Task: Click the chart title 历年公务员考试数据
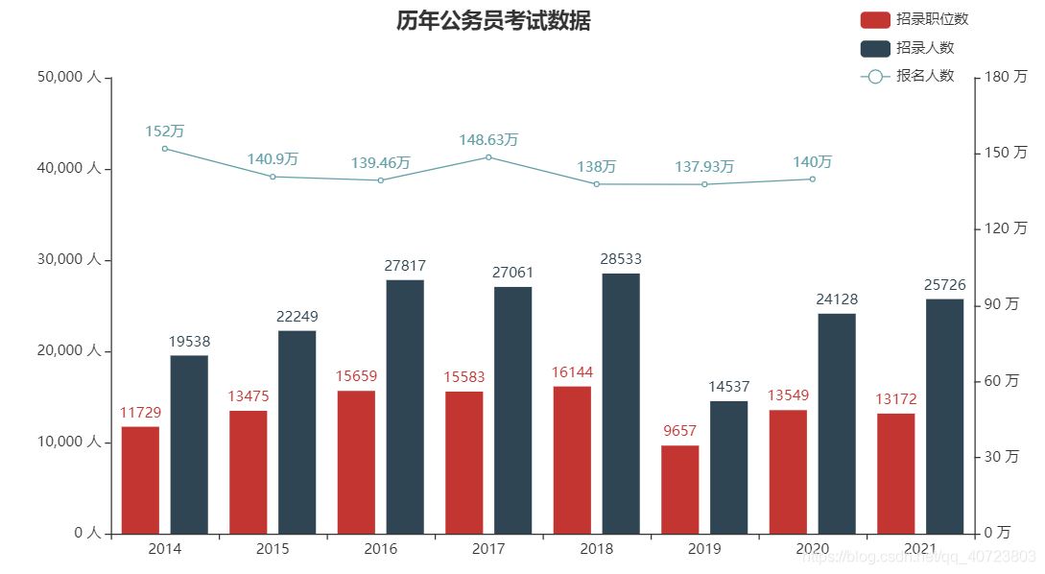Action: click(493, 21)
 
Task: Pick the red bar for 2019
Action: click(680, 490)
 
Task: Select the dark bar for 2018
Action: click(621, 403)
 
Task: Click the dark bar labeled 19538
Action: click(189, 444)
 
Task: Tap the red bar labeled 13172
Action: click(895, 473)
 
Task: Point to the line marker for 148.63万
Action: click(488, 157)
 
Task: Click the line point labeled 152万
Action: click(165, 149)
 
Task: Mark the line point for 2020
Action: click(812, 179)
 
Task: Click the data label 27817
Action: click(405, 266)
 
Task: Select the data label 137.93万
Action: click(704, 167)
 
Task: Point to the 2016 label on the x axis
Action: click(381, 550)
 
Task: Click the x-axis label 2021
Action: click(920, 550)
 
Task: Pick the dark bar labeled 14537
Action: click(728, 467)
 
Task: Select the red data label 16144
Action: click(572, 372)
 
